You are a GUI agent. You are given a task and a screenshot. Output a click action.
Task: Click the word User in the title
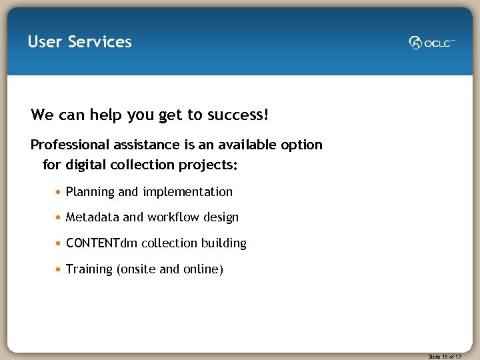[x=45, y=42]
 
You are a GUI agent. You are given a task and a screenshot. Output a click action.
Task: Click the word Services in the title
[x=100, y=42]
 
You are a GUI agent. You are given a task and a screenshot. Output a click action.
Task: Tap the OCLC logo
[x=432, y=43]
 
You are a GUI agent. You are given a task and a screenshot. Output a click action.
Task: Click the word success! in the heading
[x=238, y=115]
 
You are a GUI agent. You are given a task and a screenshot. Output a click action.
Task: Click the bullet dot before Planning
[x=59, y=193]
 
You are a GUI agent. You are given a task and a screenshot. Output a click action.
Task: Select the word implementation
[x=187, y=192]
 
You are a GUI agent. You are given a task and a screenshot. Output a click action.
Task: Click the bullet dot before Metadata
[x=59, y=218]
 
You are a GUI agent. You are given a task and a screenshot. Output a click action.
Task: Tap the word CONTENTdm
[x=101, y=243]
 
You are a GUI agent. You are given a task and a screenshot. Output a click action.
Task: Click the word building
[x=224, y=243]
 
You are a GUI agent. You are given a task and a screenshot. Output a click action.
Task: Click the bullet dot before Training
[x=59, y=270]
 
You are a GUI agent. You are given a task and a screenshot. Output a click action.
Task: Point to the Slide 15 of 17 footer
[x=445, y=357]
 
